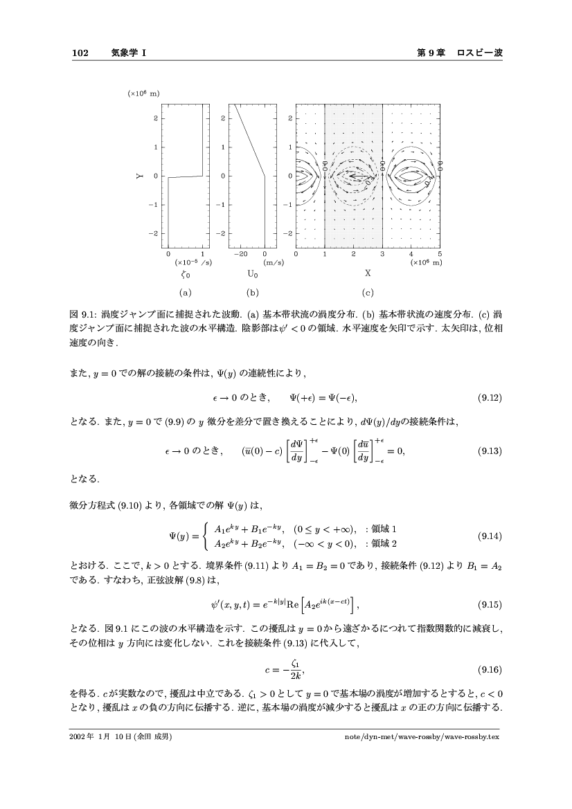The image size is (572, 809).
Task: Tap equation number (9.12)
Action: (490, 398)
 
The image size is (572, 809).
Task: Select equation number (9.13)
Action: (490, 451)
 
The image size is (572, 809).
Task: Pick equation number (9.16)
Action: (490, 670)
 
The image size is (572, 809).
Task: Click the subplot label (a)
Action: (184, 292)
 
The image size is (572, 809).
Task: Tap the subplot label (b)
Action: (252, 292)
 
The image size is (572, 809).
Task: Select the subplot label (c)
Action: (368, 292)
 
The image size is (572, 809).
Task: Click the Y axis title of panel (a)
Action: (139, 176)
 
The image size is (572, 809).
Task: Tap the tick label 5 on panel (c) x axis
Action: (440, 255)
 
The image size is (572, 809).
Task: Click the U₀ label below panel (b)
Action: (253, 274)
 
